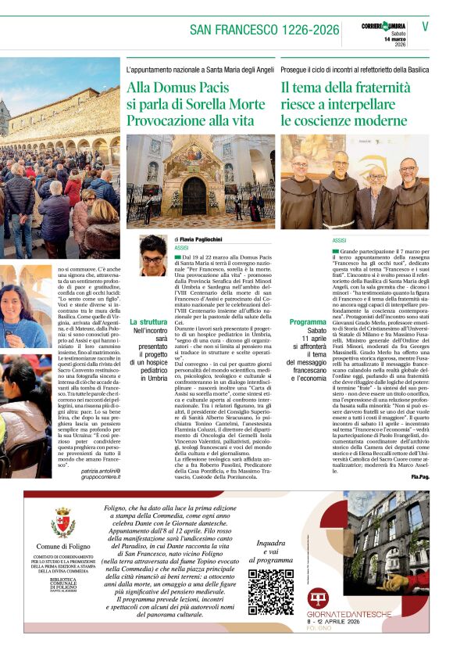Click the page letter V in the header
pos(425,26)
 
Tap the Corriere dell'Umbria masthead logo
pos(383,27)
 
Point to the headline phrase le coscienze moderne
pos(344,120)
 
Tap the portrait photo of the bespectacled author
pos(153,255)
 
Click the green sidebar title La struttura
pos(148,321)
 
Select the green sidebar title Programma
pos(308,321)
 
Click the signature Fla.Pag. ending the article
pos(419,476)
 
